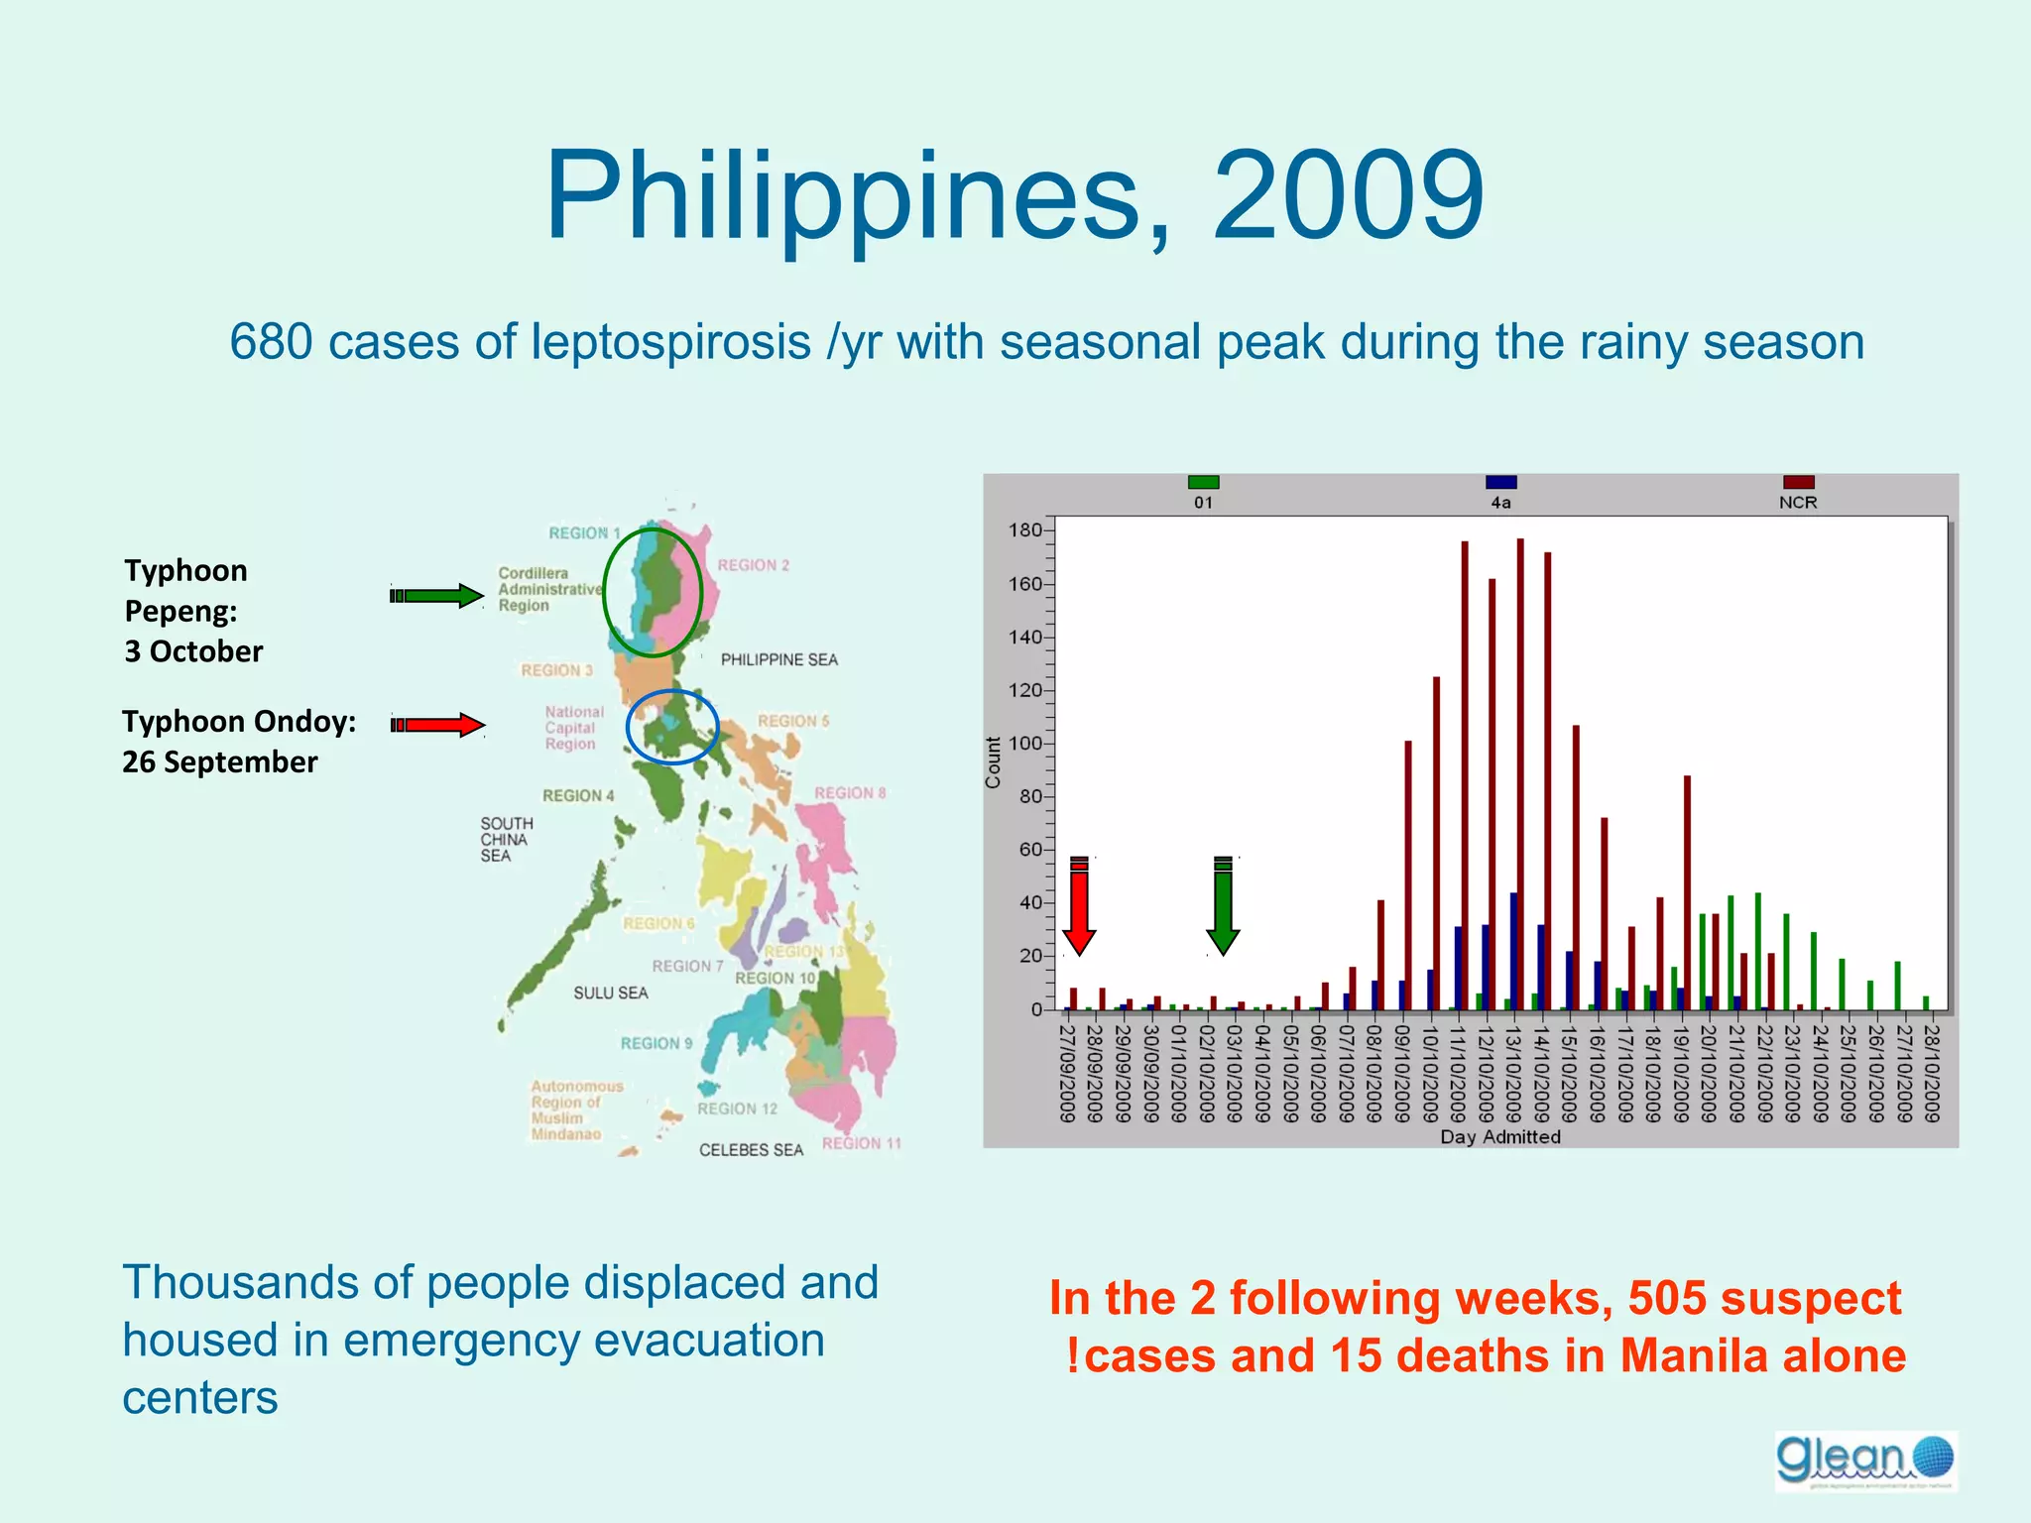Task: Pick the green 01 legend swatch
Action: click(1203, 483)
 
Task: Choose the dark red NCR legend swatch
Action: click(1798, 483)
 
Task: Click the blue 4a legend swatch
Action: click(1500, 483)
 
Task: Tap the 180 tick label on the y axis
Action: click(1025, 530)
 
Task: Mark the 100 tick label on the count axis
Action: click(1025, 744)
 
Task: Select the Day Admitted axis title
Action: click(1500, 1137)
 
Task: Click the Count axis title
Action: click(993, 762)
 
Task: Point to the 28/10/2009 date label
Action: click(1931, 1073)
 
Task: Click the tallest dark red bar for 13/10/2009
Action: click(1520, 773)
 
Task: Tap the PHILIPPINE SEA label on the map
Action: click(778, 660)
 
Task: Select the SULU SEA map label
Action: click(610, 994)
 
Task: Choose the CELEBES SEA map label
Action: click(751, 1150)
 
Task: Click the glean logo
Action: click(1865, 1461)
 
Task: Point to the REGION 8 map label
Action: click(850, 793)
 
